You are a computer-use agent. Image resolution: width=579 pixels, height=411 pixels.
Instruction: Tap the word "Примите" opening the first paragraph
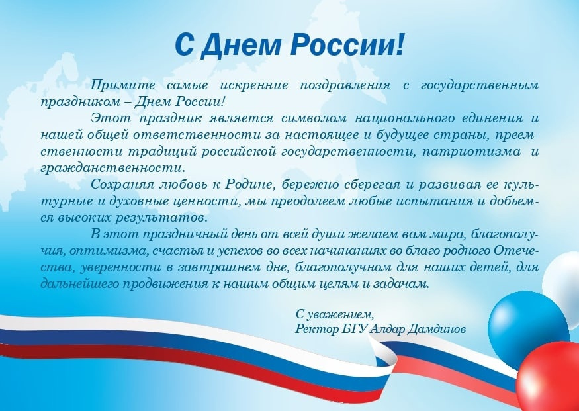[x=123, y=85]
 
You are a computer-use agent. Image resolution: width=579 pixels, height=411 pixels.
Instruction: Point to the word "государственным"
[x=480, y=85]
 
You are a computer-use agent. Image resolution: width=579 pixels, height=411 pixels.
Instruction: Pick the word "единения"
[x=492, y=118]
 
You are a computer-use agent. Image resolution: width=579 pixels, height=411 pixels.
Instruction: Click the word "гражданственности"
[x=112, y=168]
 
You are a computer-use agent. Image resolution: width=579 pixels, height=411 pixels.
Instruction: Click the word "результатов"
[x=161, y=218]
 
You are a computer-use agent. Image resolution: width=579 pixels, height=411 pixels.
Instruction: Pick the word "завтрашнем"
[x=219, y=267]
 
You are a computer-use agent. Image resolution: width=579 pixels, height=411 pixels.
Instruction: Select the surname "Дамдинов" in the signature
[x=436, y=329]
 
